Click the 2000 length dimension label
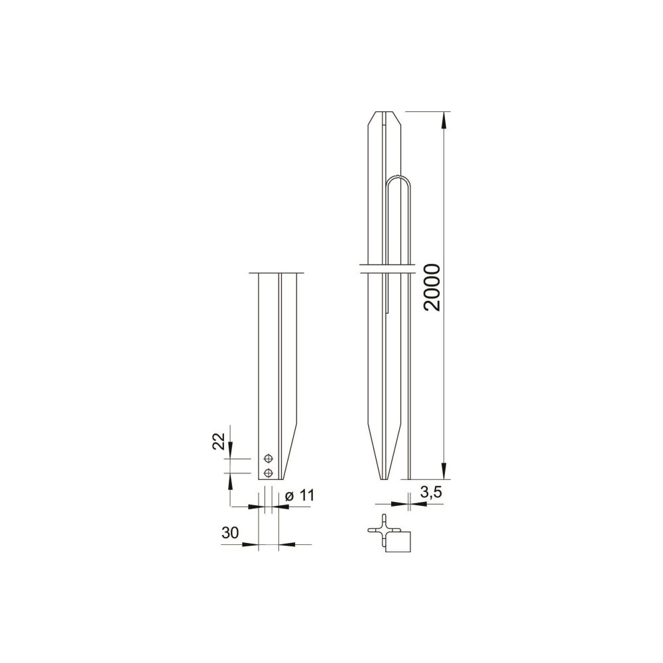432,287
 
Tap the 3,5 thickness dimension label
432,492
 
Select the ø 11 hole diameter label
300,495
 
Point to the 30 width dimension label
230,533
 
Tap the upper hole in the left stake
268,458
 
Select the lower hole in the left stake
268,472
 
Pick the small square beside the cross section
398,542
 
